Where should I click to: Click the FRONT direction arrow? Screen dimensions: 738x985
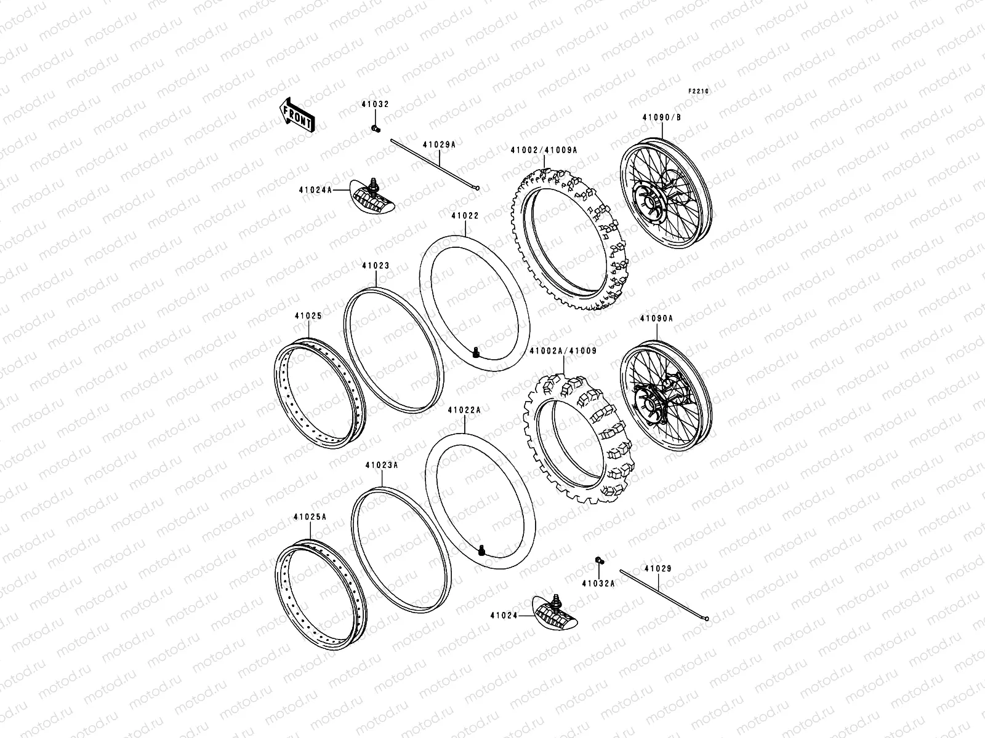tap(298, 115)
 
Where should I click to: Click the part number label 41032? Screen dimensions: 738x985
tap(375, 105)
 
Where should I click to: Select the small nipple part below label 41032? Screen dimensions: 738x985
tap(375, 128)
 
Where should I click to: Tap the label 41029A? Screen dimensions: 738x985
tap(439, 144)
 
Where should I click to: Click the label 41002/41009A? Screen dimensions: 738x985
tap(543, 149)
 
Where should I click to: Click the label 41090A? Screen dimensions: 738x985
tap(656, 319)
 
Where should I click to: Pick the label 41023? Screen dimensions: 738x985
tap(376, 266)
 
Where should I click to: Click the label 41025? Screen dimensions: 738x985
tap(308, 315)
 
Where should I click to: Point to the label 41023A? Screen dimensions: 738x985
tap(382, 466)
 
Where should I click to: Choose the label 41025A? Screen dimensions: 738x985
tap(310, 517)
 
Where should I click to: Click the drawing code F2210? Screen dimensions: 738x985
tap(699, 91)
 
